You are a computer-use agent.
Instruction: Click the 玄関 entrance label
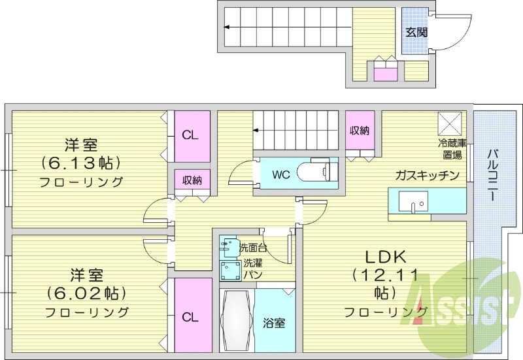(416, 32)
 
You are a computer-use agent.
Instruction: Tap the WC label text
(280, 174)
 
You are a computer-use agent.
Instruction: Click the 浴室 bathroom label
(273, 323)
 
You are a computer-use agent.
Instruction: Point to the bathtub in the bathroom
(235, 320)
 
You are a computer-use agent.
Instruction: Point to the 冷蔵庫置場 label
(450, 148)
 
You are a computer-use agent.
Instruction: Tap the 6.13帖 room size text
(81, 161)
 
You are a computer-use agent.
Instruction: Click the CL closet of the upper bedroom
(190, 135)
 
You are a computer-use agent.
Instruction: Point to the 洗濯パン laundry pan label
(252, 269)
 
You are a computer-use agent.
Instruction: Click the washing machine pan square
(228, 270)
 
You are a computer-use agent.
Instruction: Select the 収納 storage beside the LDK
(359, 130)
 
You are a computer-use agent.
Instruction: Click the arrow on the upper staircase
(226, 27)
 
